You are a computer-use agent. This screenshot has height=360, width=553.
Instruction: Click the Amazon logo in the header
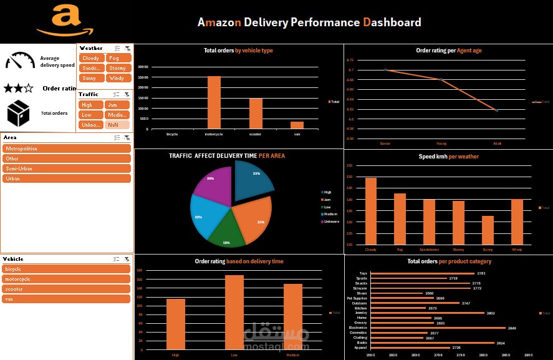[65, 21]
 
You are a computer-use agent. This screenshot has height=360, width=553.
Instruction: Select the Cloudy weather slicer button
[91, 58]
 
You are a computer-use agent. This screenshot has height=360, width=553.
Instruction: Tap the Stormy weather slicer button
[117, 68]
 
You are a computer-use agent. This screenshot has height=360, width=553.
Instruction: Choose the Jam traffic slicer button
[117, 105]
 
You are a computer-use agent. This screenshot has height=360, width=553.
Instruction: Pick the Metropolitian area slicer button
[67, 148]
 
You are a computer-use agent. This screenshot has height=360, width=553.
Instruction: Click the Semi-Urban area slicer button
[67, 168]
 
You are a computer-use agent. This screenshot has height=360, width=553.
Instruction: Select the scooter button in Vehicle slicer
[67, 289]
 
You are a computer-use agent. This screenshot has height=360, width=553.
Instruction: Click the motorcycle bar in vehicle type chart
[214, 102]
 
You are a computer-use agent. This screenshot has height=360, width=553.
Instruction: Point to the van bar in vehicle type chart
[297, 125]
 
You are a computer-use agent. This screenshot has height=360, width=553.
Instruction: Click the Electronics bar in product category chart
[437, 328]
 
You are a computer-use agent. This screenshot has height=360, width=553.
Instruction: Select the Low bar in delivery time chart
[234, 312]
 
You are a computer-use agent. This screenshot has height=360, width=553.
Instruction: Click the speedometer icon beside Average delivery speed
[20, 61]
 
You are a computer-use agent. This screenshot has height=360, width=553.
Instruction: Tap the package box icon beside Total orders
[18, 113]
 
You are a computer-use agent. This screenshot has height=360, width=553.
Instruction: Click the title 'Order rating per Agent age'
[448, 51]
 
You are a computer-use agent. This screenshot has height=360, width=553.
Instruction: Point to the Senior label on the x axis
[385, 144]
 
